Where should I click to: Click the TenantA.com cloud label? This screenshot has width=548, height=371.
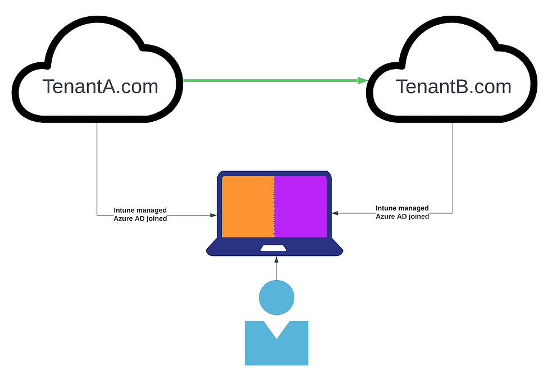click(100, 86)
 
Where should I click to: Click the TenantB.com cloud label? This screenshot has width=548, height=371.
click(453, 86)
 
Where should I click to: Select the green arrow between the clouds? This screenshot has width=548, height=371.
click(270, 80)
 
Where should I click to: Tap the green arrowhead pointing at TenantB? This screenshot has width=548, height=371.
click(363, 80)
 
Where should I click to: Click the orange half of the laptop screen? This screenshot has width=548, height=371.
click(248, 207)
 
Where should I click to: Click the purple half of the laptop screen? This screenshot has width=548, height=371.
click(300, 207)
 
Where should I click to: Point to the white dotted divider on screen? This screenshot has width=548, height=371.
click(274, 207)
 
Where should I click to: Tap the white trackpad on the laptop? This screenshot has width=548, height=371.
click(274, 248)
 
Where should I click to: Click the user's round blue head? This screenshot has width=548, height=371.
click(276, 297)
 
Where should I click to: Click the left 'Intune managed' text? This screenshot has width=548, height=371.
click(140, 210)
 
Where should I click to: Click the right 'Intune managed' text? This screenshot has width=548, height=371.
click(402, 208)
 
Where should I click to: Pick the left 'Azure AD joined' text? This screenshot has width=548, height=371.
click(140, 218)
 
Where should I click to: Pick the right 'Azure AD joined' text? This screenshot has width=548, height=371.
click(402, 216)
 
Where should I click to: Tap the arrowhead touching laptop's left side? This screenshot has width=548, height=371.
click(213, 215)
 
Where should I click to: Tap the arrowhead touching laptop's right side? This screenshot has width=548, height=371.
click(335, 213)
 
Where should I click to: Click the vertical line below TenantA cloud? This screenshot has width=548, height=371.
click(97, 168)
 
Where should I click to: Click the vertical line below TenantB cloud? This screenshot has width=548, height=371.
click(453, 168)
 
